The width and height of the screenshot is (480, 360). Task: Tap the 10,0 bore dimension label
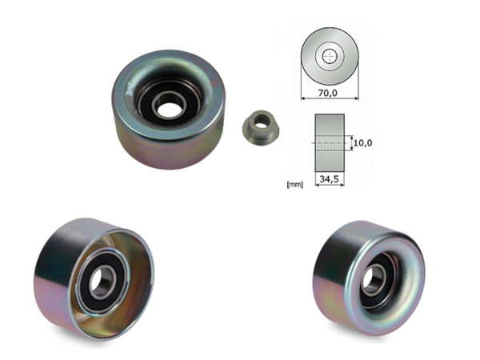coord(362,142)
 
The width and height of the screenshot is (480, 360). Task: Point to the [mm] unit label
coord(294,185)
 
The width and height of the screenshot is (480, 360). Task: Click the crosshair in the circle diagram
coord(329,57)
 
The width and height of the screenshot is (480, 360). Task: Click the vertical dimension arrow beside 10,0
coord(350,142)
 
